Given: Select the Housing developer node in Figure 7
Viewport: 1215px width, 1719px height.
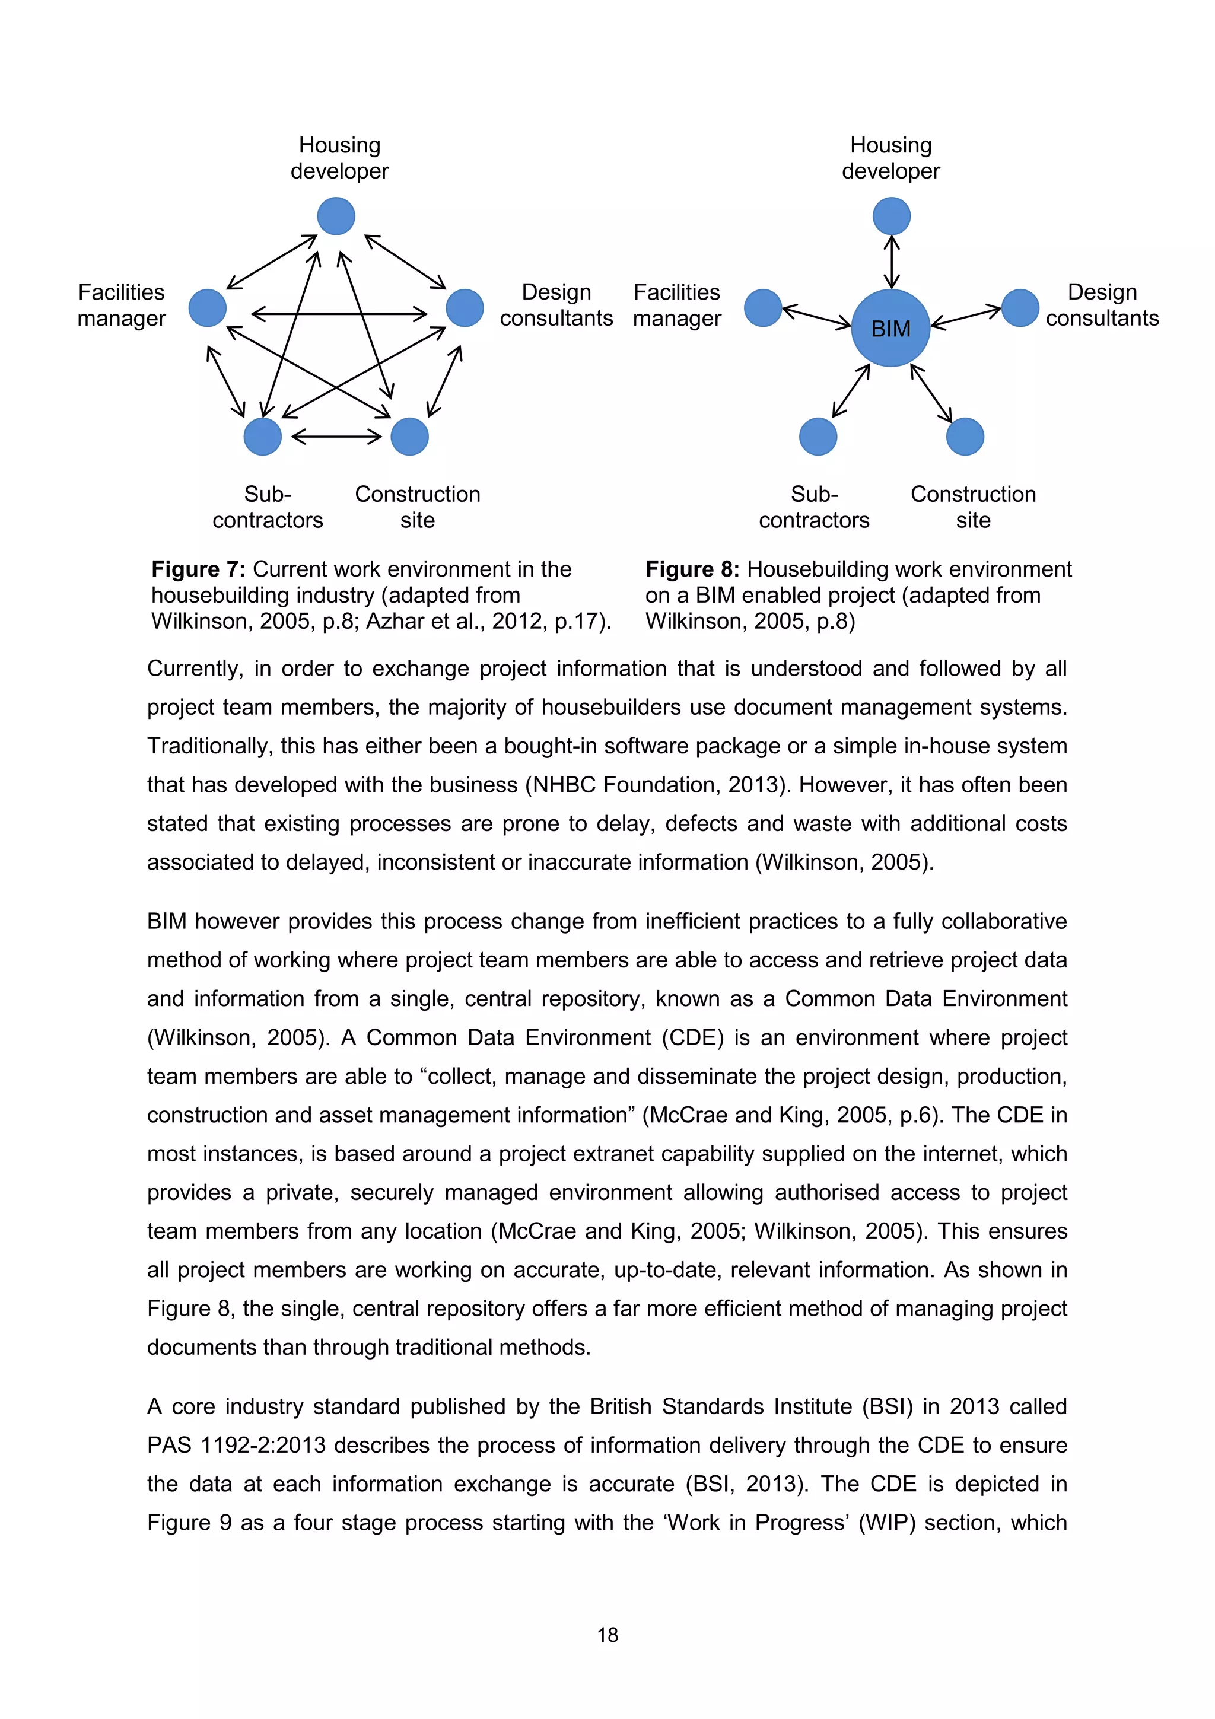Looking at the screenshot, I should (336, 217).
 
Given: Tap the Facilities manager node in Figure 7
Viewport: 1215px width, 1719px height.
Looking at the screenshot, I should (208, 308).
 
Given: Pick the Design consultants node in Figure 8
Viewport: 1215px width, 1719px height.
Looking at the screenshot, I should (1020, 308).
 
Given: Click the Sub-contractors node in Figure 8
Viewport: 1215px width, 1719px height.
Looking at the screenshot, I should (818, 437).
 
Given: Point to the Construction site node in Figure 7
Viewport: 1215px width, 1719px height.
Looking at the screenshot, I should (409, 437).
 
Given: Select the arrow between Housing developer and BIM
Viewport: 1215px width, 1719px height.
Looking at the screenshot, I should (891, 262).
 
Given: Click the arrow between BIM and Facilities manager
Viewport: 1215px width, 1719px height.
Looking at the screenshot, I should (816, 316).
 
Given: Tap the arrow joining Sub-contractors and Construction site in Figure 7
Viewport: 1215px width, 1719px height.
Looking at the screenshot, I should (336, 437).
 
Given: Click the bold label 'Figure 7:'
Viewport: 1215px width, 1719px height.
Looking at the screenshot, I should (198, 569).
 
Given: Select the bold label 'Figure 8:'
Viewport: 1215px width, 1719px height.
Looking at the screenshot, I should (692, 569).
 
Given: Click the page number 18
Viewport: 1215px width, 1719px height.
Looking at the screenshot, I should (607, 1635).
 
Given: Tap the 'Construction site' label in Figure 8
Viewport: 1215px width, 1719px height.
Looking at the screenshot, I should (973, 507).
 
